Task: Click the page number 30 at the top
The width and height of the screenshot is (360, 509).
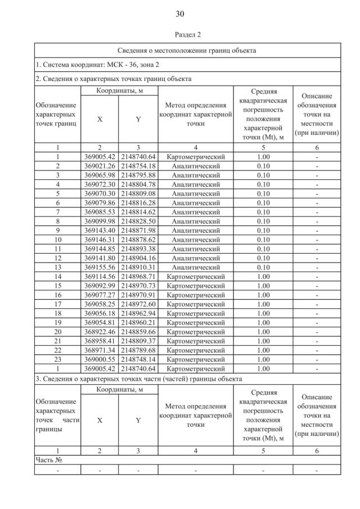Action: pyautogui.click(x=180, y=14)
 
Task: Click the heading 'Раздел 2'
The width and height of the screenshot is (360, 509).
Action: pyautogui.click(x=187, y=35)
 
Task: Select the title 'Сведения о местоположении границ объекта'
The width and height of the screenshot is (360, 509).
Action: pyautogui.click(x=187, y=50)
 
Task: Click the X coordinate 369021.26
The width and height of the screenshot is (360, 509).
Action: pyautogui.click(x=100, y=166)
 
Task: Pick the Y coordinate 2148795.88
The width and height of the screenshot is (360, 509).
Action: pyautogui.click(x=138, y=175)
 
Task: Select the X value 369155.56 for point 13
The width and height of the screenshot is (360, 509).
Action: pyautogui.click(x=100, y=267)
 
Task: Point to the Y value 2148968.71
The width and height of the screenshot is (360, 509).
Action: pyautogui.click(x=138, y=277)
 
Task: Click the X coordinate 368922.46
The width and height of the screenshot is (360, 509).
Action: pyautogui.click(x=100, y=332)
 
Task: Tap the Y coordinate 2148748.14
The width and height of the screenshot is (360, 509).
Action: pyautogui.click(x=138, y=359)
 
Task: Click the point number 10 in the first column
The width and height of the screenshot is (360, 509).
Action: pyautogui.click(x=57, y=240)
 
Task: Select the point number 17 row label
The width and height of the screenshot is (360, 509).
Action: pyautogui.click(x=57, y=304)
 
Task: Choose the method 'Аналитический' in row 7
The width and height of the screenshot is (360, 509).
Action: pyautogui.click(x=196, y=212)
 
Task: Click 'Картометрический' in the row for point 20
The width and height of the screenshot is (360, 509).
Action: pyautogui.click(x=196, y=332)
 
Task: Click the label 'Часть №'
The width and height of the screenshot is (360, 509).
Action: pyautogui.click(x=49, y=460)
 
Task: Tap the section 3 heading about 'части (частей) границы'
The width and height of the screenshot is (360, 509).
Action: pyautogui.click(x=139, y=379)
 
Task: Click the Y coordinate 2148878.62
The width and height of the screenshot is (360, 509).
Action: pyautogui.click(x=138, y=240)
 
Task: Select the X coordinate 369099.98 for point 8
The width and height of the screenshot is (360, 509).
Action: pyautogui.click(x=100, y=221)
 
